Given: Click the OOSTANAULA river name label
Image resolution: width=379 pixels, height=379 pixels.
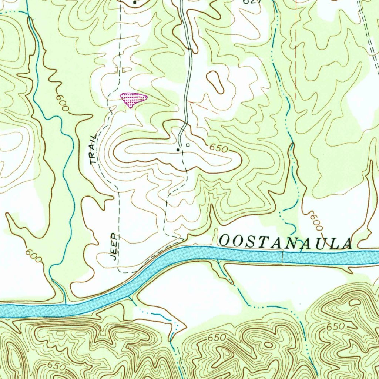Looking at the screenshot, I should [x=285, y=242].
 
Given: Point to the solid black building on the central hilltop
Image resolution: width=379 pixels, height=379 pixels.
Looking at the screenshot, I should [x=178, y=150].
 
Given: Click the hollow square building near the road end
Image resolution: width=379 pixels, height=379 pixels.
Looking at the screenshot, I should [x=188, y=145].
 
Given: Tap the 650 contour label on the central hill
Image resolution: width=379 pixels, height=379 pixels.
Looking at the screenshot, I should [x=218, y=148].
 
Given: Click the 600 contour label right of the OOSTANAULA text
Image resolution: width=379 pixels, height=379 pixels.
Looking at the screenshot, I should [x=315, y=220].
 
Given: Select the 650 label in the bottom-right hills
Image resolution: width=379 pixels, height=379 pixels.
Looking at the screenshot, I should [x=336, y=327].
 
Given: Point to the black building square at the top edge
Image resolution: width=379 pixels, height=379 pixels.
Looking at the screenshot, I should [x=135, y=3].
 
